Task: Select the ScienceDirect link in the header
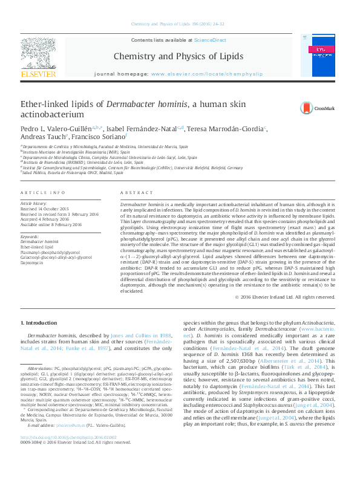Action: [207, 40]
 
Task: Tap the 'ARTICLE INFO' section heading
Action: [42, 192]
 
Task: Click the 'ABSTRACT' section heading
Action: [133, 192]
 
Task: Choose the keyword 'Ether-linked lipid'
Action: [38, 247]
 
